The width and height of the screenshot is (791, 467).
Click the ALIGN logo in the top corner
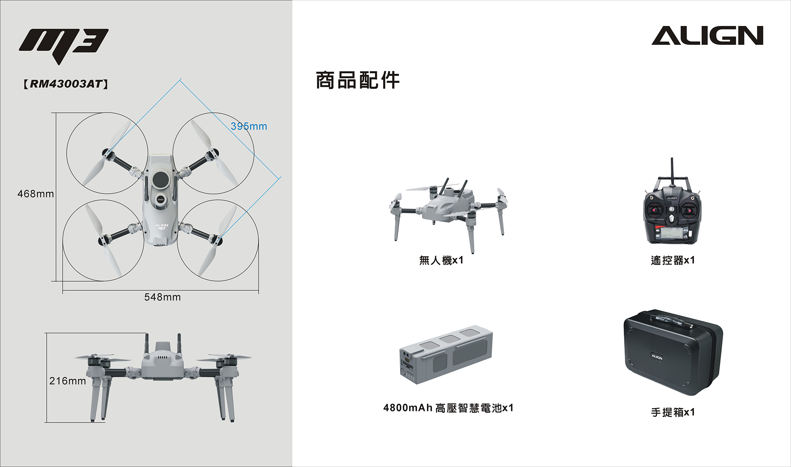[x=707, y=35]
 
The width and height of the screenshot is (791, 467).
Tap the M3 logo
[x=64, y=43]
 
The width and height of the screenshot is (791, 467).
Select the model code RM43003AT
[x=66, y=84]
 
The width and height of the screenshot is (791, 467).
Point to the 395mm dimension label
[x=249, y=126]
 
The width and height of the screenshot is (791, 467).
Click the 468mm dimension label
[x=36, y=194]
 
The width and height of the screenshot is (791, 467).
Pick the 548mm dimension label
[x=162, y=297]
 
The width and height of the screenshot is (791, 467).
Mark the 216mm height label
[x=68, y=381]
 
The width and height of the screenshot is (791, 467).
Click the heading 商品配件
[x=358, y=80]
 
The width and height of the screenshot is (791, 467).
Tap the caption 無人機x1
[x=441, y=260]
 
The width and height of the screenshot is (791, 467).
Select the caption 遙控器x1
[x=673, y=260]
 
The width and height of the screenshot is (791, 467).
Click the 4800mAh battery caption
[x=448, y=408]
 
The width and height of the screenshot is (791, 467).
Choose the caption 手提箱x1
[x=673, y=412]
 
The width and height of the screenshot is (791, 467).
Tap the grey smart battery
[x=446, y=354]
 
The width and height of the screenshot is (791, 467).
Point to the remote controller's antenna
[x=672, y=171]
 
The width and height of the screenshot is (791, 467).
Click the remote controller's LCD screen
[x=671, y=233]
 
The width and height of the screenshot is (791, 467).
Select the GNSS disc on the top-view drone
[x=160, y=199]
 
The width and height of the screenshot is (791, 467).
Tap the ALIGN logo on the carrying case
[x=657, y=357]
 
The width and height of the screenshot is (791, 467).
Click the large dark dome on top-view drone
[x=161, y=179]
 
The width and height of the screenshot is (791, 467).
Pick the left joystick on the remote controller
[x=655, y=210]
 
